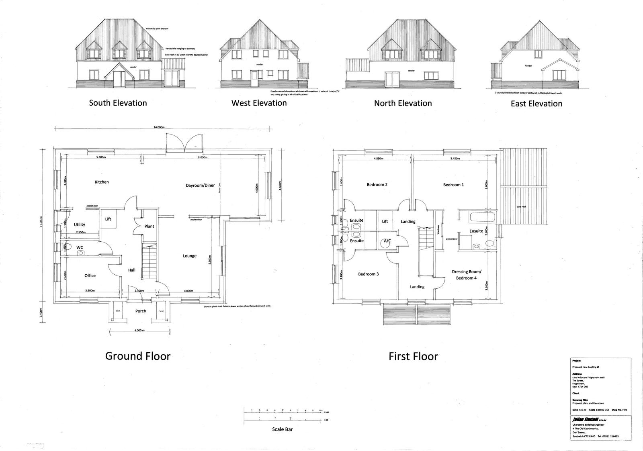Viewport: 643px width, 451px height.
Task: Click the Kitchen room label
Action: pyautogui.click(x=102, y=182)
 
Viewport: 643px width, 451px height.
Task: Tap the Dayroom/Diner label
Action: pyautogui.click(x=200, y=186)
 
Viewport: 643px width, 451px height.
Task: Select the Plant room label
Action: pyautogui.click(x=149, y=226)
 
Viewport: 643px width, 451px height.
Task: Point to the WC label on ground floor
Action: pyautogui.click(x=80, y=247)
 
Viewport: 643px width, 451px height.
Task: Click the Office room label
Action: pyautogui.click(x=90, y=275)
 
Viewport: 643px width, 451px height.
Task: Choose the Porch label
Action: pyautogui.click(x=141, y=311)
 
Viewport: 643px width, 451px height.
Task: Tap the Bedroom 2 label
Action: pyautogui.click(x=377, y=185)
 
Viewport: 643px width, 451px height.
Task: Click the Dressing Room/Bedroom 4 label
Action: pyautogui.click(x=466, y=275)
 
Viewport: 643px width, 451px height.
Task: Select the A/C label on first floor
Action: pyautogui.click(x=387, y=241)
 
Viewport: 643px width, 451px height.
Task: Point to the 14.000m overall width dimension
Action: pyautogui.click(x=159, y=127)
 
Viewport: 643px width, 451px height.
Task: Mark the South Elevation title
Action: pyautogui.click(x=118, y=103)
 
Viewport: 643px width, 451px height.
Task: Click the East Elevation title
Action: pyautogui.click(x=536, y=104)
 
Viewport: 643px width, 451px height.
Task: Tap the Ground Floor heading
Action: pyautogui.click(x=138, y=356)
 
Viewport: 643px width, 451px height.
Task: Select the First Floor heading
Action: pyautogui.click(x=413, y=356)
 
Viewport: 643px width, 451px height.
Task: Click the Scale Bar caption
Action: pyautogui.click(x=282, y=429)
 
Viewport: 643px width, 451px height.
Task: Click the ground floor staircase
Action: pyautogui.click(x=150, y=261)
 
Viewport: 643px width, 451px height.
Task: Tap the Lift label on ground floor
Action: pyautogui.click(x=108, y=219)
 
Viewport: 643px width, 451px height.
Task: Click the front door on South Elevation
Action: pyautogui.click(x=119, y=79)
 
